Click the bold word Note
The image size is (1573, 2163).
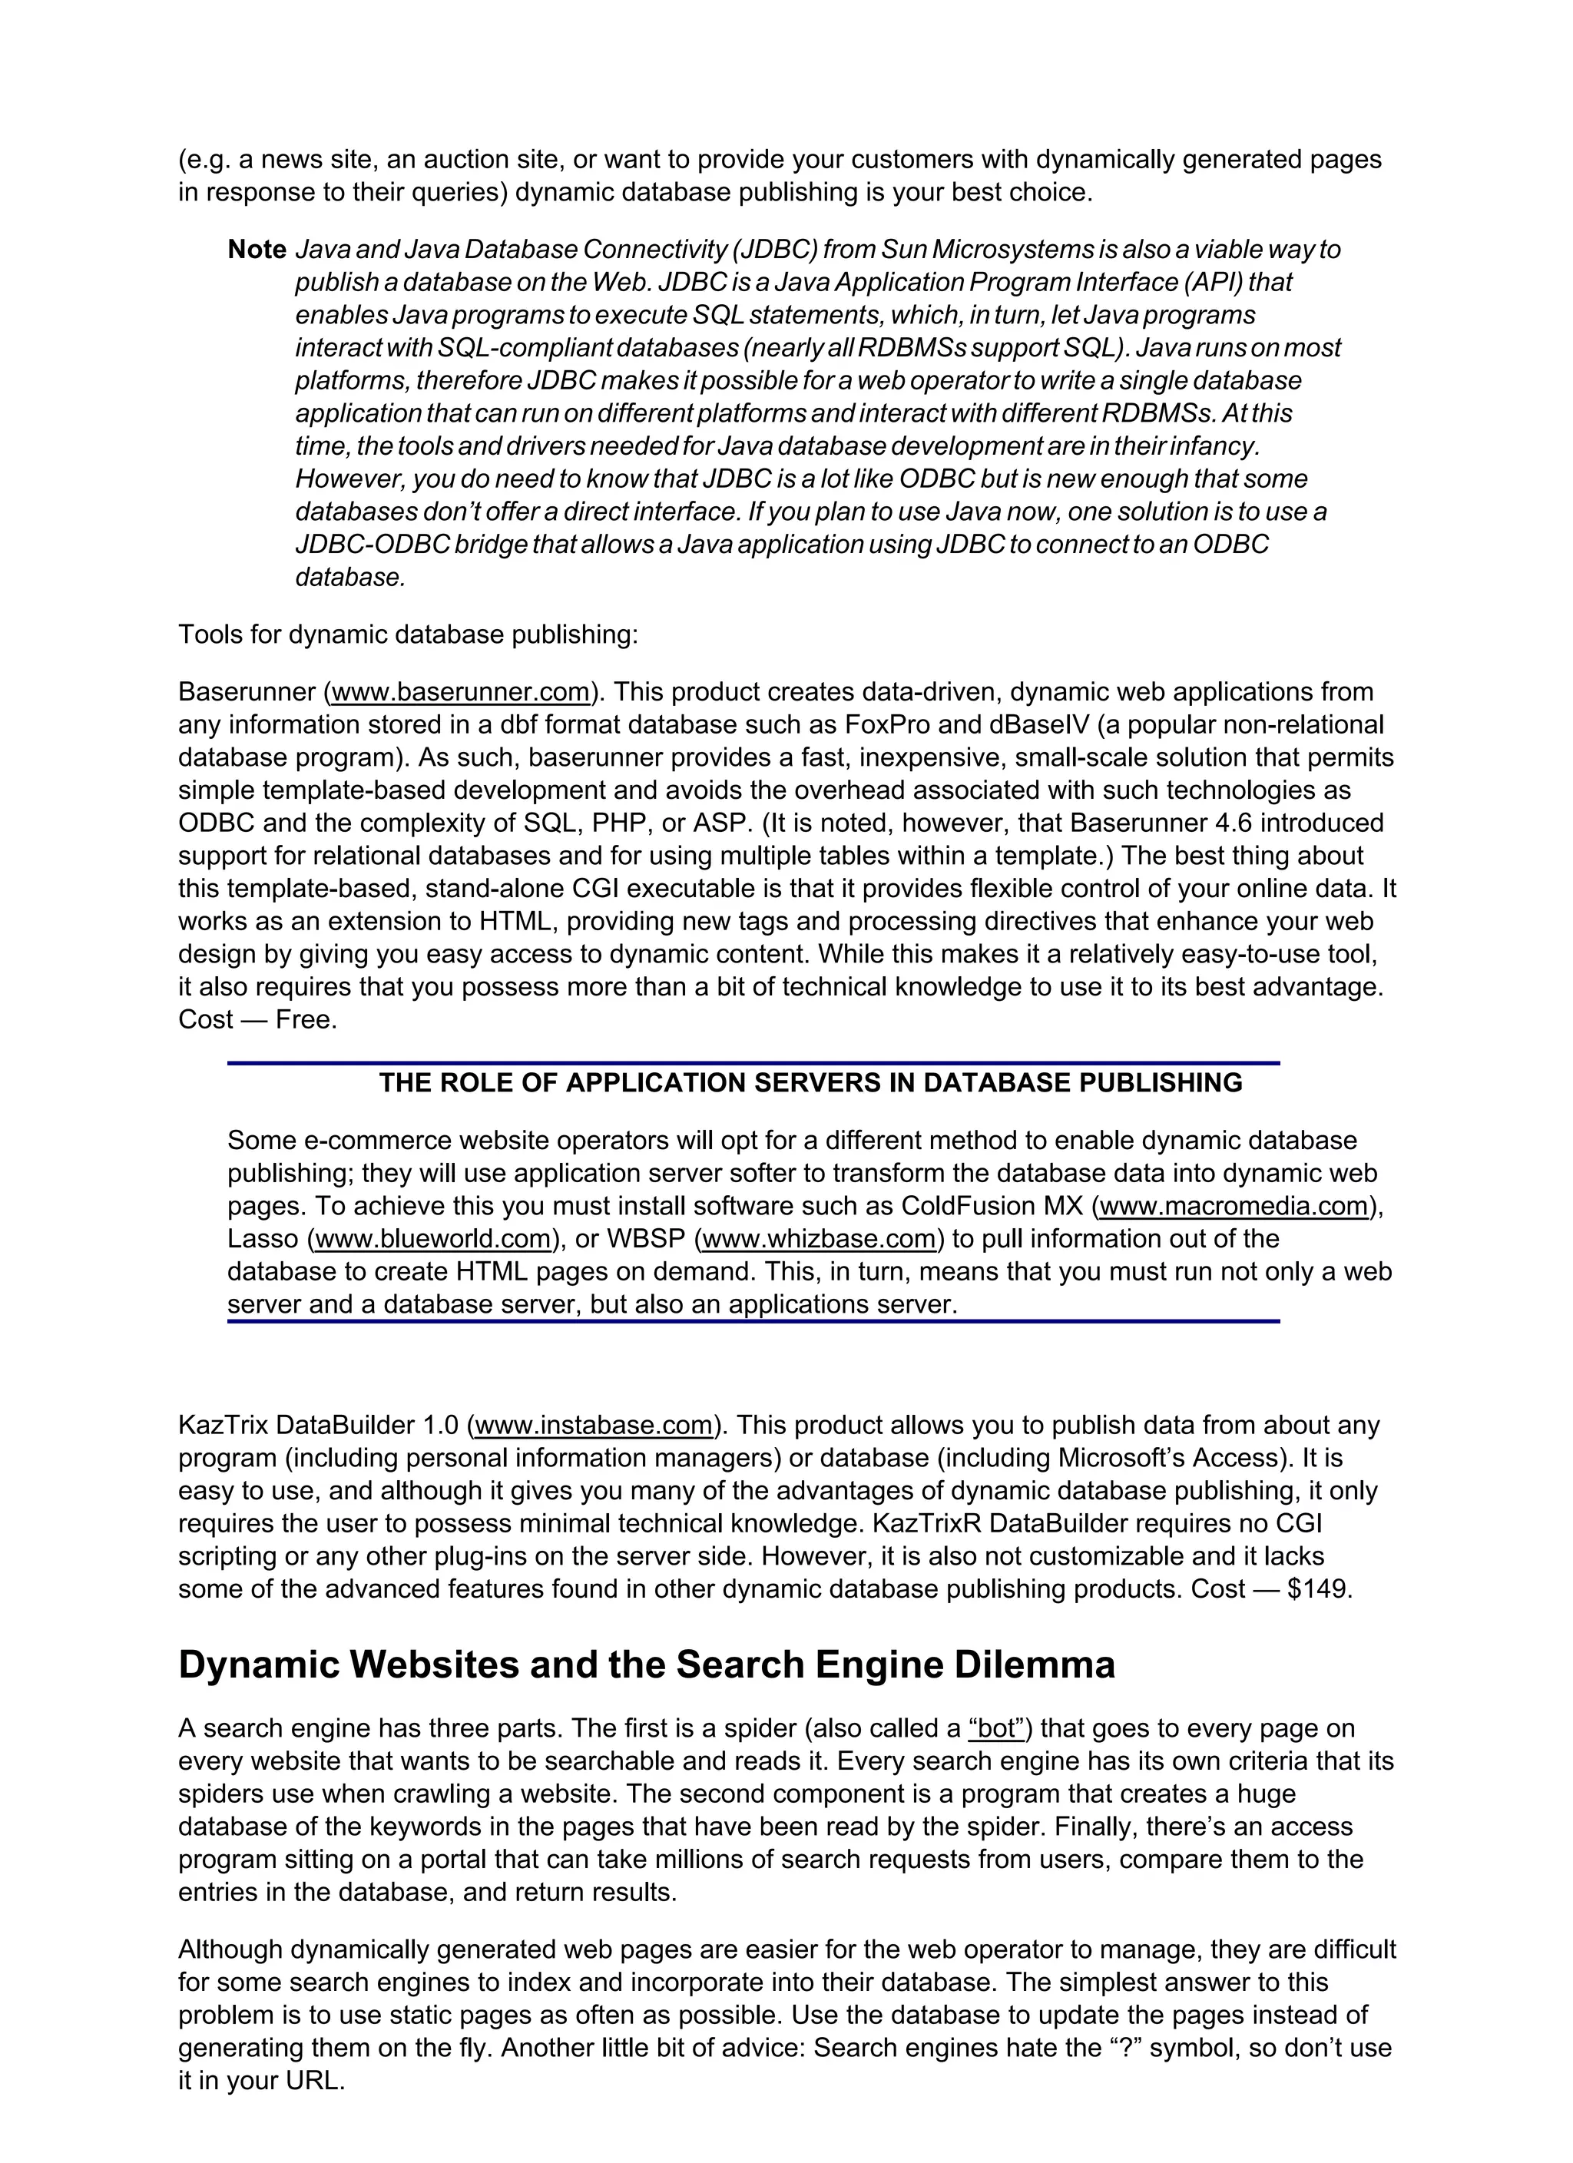tap(257, 250)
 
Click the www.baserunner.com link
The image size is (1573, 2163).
tap(461, 692)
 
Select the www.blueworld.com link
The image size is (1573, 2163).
tap(434, 1239)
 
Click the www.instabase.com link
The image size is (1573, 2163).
tap(594, 1426)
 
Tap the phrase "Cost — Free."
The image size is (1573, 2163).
tap(257, 1021)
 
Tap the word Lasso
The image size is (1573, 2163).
tap(263, 1239)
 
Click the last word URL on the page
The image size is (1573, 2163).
tap(312, 2081)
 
